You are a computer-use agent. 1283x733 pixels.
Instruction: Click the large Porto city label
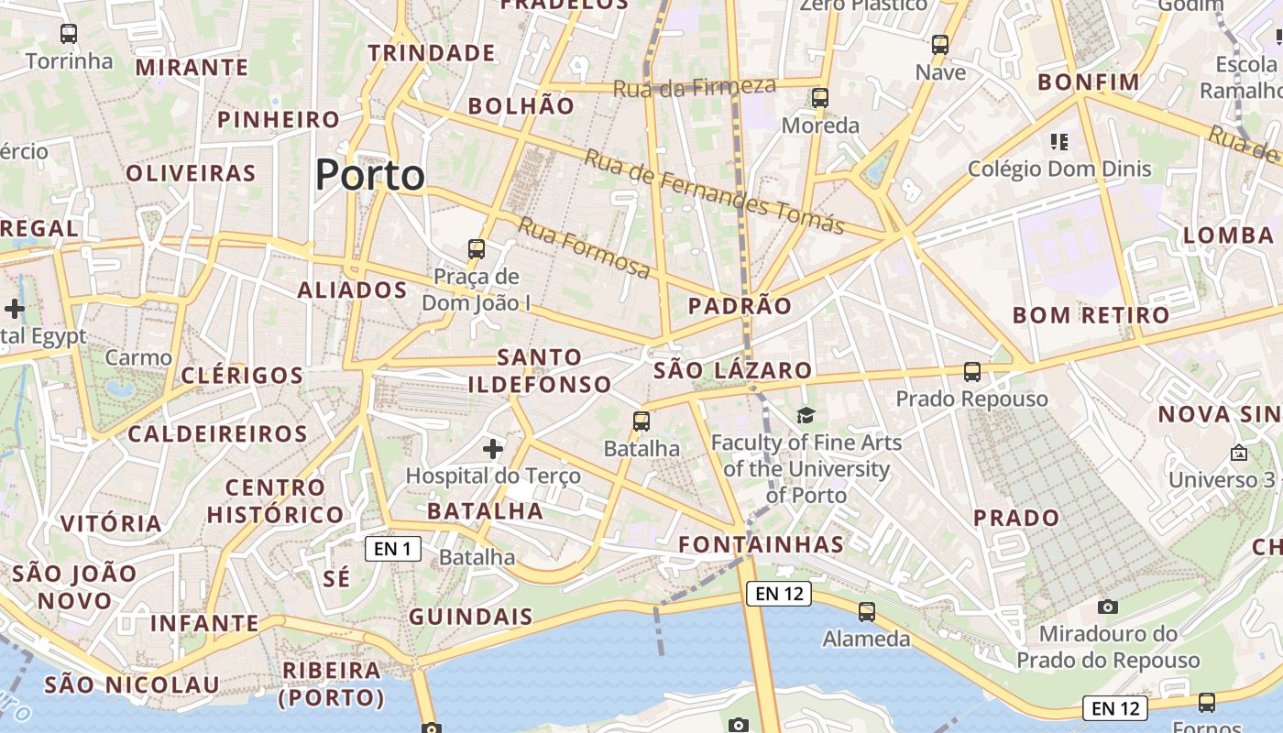point(370,175)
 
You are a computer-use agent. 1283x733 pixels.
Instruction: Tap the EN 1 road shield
point(393,549)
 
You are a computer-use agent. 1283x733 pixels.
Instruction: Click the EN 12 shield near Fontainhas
point(779,594)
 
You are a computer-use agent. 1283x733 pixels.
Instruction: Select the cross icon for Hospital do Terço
point(493,448)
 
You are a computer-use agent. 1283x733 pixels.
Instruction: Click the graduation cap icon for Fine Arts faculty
point(806,416)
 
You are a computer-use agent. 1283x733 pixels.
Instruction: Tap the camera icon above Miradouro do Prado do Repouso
point(1108,607)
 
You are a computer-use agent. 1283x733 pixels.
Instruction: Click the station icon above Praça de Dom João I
point(476,248)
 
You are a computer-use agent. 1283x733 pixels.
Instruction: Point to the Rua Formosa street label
point(584,248)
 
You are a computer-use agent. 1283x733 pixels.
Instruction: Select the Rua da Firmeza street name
point(694,87)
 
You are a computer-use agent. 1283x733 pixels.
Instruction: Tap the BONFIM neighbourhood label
point(1089,82)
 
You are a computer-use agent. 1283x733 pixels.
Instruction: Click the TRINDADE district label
point(432,53)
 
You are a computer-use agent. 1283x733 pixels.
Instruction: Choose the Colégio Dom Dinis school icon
point(1059,142)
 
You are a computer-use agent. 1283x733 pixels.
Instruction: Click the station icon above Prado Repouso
point(972,372)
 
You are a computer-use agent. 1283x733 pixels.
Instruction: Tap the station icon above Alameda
point(866,611)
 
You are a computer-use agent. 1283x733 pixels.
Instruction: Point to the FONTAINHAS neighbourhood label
point(761,544)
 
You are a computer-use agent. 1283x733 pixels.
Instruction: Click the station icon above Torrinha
point(69,34)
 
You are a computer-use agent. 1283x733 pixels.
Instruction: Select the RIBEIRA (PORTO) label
point(332,684)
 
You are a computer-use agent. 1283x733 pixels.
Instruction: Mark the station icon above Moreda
point(819,97)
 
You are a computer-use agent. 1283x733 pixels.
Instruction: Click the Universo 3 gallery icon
point(1239,453)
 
